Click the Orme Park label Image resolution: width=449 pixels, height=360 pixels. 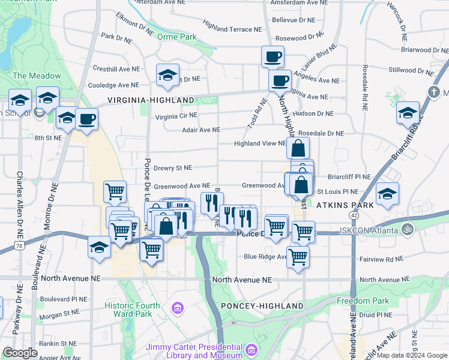point(176,37)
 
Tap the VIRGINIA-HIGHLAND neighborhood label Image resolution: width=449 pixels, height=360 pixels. point(151,100)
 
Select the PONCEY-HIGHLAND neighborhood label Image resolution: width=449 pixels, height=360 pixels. point(262,306)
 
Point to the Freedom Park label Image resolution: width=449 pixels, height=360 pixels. point(363,301)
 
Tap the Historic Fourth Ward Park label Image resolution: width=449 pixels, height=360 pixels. point(133,310)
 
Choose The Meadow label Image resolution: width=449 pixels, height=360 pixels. point(37,76)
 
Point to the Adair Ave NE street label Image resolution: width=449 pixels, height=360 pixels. point(201,130)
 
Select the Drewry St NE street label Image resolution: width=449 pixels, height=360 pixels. point(172,169)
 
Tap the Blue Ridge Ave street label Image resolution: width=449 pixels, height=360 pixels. point(265,257)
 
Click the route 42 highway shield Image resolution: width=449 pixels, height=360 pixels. point(354,215)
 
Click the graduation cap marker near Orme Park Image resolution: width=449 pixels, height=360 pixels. point(167,75)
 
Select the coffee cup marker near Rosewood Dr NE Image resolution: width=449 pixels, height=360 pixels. point(273,57)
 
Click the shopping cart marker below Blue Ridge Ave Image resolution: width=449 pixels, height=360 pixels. point(298,257)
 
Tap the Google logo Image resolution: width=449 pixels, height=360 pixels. point(20,353)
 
